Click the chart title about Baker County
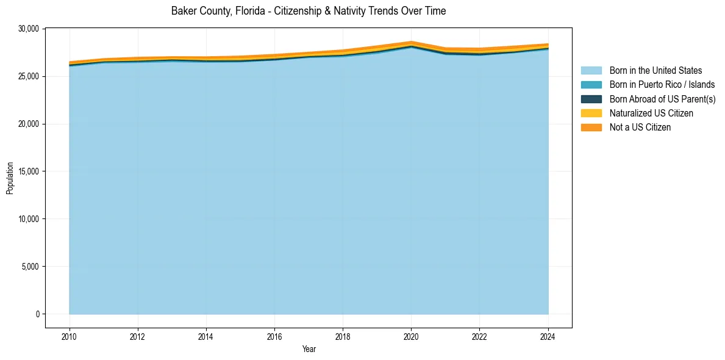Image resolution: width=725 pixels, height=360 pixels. point(309,11)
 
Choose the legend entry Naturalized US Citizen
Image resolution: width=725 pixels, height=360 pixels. point(651,113)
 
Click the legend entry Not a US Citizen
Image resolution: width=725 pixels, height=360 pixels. point(640,128)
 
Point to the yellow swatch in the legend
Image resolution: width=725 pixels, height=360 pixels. point(591,113)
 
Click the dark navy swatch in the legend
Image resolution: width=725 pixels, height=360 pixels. point(591,99)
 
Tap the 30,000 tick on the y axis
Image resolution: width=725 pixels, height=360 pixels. point(29,29)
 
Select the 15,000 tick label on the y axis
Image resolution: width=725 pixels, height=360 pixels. point(29,171)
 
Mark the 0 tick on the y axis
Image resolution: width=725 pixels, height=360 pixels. point(37,314)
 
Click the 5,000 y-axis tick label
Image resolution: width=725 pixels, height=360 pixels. point(30,267)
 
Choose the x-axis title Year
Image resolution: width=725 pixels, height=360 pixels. point(309,349)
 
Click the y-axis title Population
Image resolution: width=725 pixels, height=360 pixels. point(10,178)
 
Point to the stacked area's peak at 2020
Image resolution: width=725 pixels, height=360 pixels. point(412,42)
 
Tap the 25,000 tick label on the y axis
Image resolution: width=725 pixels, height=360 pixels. point(29,76)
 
